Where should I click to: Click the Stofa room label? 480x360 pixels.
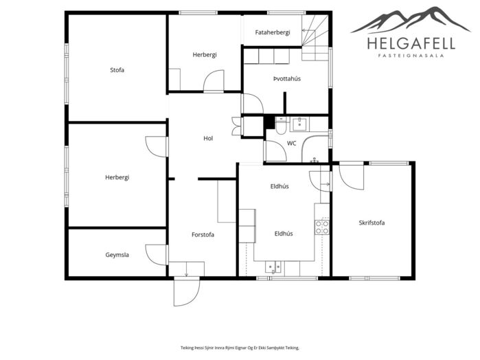pyautogui.click(x=117, y=70)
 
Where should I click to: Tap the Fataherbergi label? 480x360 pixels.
pyautogui.click(x=273, y=32)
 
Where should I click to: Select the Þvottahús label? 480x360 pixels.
pyautogui.click(x=287, y=79)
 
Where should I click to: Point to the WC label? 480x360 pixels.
pyautogui.click(x=291, y=143)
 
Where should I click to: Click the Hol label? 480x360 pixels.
pyautogui.click(x=208, y=139)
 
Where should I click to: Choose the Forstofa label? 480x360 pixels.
pyautogui.click(x=203, y=235)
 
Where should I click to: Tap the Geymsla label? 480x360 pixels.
pyautogui.click(x=117, y=255)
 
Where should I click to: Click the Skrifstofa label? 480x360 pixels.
pyautogui.click(x=372, y=223)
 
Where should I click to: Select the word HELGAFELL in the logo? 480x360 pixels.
pyautogui.click(x=411, y=43)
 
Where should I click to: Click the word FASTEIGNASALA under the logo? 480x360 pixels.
pyautogui.click(x=411, y=56)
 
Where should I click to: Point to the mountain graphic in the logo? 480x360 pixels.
pyautogui.click(x=411, y=20)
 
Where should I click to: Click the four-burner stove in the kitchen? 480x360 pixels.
pyautogui.click(x=322, y=227)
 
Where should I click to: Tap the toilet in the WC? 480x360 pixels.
pyautogui.click(x=281, y=126)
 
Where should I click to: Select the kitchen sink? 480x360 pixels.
pyautogui.click(x=273, y=267)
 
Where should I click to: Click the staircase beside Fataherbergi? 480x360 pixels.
pyautogui.click(x=315, y=37)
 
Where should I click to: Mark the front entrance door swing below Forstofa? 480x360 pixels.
pyautogui.click(x=186, y=291)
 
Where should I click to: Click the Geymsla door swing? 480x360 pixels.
pyautogui.click(x=157, y=255)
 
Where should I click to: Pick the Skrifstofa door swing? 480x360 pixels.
pyautogui.click(x=352, y=178)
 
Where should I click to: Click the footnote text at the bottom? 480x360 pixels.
pyautogui.click(x=240, y=348)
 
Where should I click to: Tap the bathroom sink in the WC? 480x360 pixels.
pyautogui.click(x=299, y=124)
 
